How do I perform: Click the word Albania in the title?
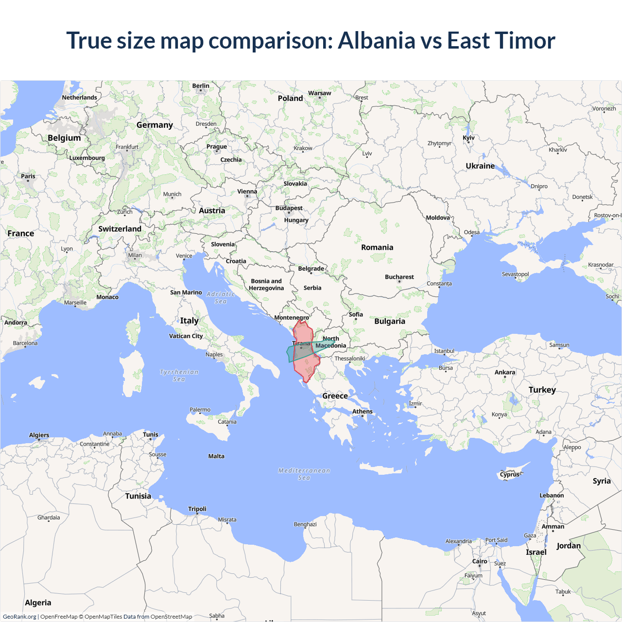pos(377,40)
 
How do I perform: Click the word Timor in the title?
pos(526,40)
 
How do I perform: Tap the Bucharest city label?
pos(399,277)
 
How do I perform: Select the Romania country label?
pos(377,247)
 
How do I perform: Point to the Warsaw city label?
pos(319,93)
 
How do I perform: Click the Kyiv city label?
pos(468,138)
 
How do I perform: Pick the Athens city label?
pos(363,412)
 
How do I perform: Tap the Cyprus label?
pos(510,474)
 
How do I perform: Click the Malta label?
pos(216,456)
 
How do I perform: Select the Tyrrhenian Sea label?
pos(179,376)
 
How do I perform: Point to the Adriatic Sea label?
pos(221,297)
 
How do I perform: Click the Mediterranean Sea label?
pos(304,474)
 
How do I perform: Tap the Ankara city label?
pos(505,373)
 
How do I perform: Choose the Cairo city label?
pos(480,561)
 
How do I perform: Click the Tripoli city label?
pos(197,509)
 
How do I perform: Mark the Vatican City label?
pos(186,336)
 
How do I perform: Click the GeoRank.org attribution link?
pos(19,617)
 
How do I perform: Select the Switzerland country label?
pos(120,229)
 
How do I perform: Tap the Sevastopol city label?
pos(515,275)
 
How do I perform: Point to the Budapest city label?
pos(289,208)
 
